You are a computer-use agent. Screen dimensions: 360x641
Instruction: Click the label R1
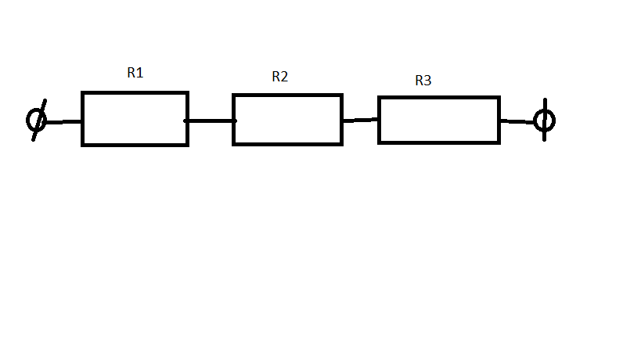point(135,73)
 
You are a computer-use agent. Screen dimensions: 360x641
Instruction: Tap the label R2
point(280,77)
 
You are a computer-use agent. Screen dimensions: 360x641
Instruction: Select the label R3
point(423,81)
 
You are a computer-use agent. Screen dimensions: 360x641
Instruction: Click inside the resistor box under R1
point(135,119)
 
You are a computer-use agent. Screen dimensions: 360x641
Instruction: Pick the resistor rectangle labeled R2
point(287,120)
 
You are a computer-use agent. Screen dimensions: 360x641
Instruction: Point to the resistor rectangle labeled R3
point(439,120)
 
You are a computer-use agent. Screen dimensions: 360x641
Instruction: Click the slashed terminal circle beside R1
point(37,121)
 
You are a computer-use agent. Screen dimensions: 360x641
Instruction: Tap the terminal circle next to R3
point(544,121)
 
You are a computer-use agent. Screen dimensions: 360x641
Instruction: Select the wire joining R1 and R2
point(210,121)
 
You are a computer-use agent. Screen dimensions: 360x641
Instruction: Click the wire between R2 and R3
point(360,120)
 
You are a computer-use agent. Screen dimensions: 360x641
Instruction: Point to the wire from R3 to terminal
point(517,121)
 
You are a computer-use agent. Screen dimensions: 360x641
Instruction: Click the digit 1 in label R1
point(140,73)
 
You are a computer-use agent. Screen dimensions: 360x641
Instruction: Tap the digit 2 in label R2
point(284,77)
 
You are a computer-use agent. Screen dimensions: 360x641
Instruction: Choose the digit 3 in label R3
point(428,81)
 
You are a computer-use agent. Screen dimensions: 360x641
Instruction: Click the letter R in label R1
point(131,73)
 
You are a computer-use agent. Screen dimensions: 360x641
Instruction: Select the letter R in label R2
point(275,77)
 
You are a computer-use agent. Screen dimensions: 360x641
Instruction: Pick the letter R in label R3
point(419,81)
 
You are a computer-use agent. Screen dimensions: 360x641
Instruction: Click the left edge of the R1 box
point(83,119)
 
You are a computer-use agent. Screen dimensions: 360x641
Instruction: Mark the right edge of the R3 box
point(499,120)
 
